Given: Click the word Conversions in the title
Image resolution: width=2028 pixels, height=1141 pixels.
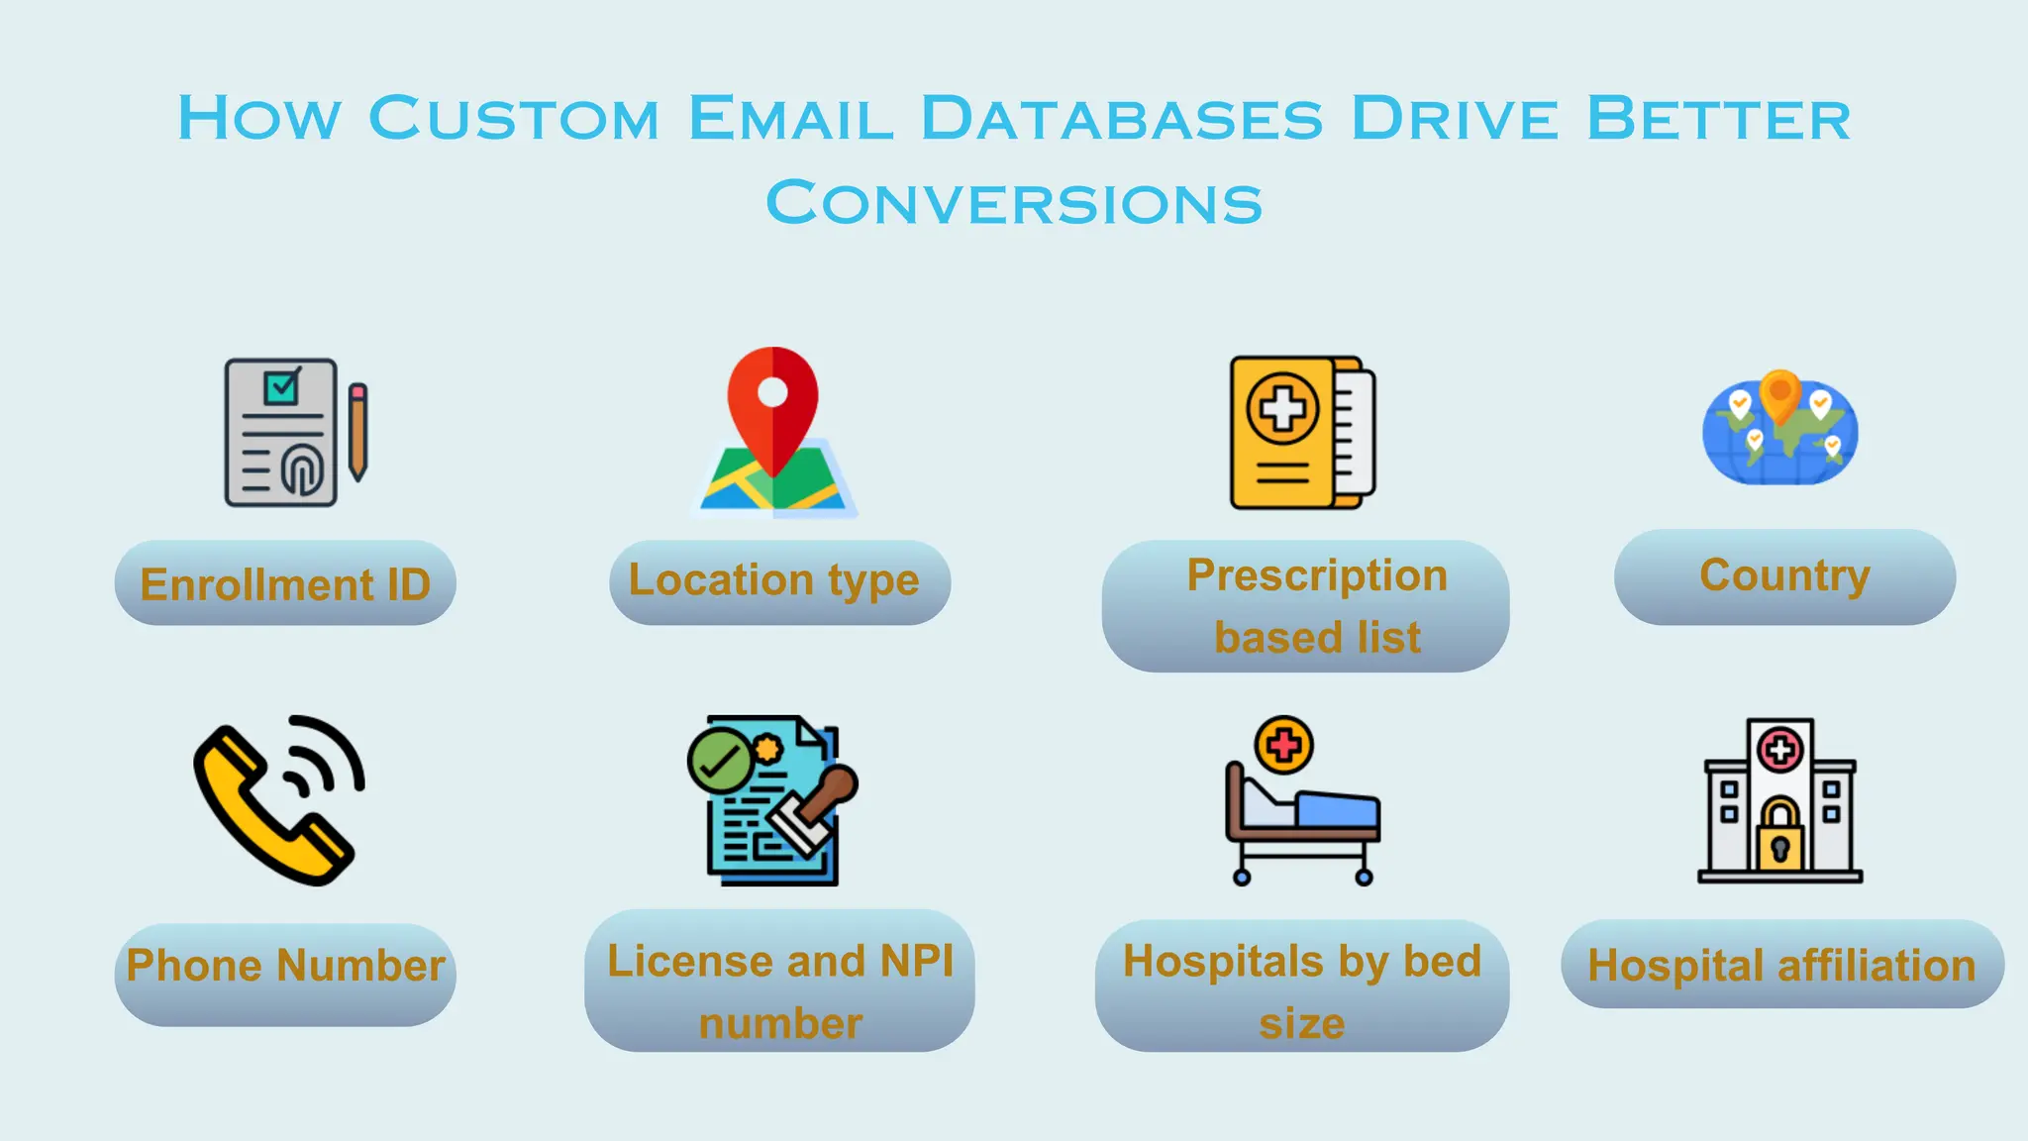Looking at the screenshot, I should click(1014, 203).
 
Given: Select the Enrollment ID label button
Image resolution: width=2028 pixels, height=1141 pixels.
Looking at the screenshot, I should click(285, 583).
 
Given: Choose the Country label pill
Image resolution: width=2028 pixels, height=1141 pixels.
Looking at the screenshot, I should click(1784, 576).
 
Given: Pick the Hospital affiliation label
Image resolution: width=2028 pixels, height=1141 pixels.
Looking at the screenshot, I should click(1781, 965).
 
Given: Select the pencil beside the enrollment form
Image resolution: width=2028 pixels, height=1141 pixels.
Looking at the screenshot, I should click(358, 431).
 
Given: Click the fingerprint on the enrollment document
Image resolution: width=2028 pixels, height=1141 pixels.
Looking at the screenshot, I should click(302, 468).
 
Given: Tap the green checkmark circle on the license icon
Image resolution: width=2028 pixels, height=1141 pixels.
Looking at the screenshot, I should click(720, 761).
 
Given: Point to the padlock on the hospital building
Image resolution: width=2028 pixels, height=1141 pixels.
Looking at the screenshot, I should click(1779, 834).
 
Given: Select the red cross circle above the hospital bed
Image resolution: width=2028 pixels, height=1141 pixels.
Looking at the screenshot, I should click(1283, 745).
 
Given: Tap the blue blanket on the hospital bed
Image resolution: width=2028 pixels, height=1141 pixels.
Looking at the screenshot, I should click(1337, 810).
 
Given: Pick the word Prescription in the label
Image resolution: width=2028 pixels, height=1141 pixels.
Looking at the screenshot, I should click(1317, 575).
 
